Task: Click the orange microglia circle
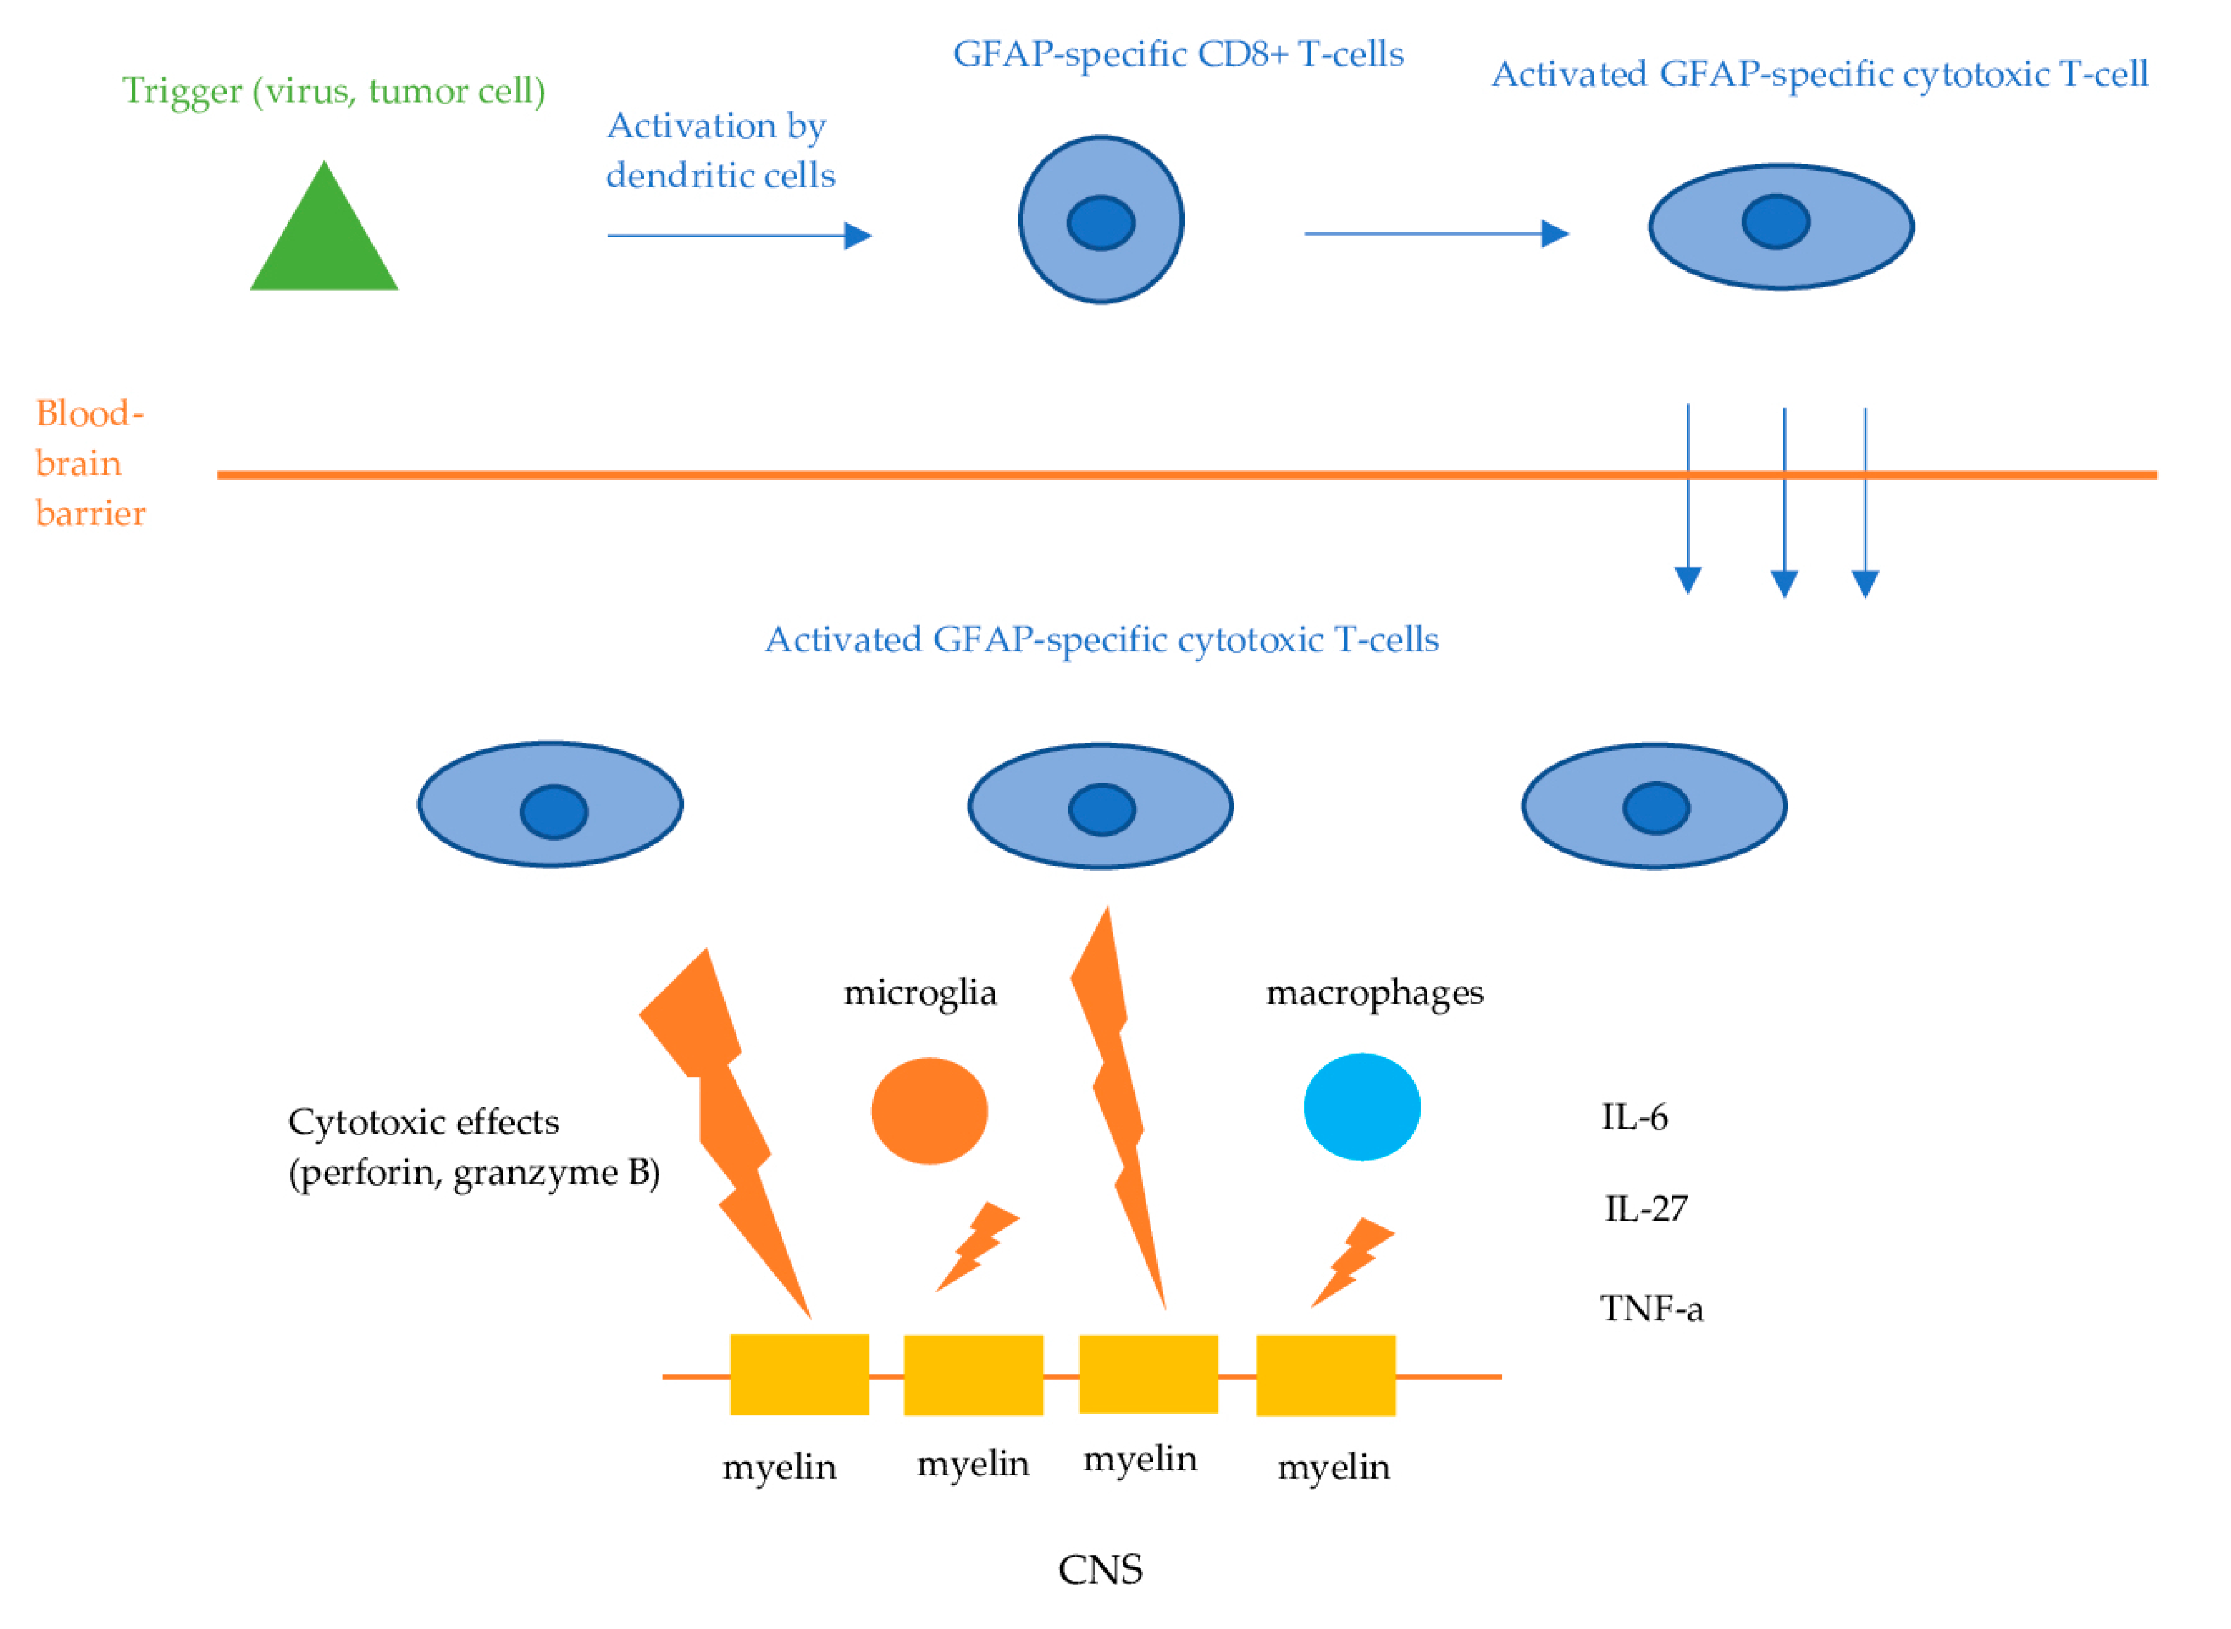929,1111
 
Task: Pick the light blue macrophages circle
1361,1107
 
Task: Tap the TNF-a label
1651,1309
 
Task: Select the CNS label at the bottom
1100,1570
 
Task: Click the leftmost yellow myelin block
799,1374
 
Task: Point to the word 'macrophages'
1374,993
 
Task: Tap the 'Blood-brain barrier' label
90,463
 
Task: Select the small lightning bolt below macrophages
1351,1262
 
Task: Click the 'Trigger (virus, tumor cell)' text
333,91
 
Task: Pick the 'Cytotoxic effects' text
423,1122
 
